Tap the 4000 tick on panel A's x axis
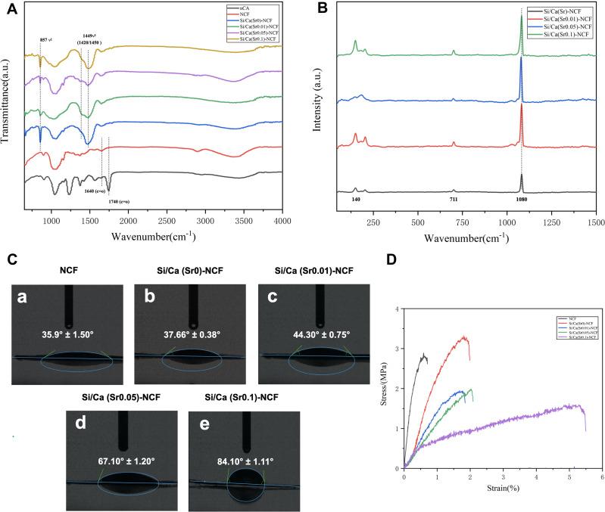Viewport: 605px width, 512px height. pyautogui.click(x=282, y=221)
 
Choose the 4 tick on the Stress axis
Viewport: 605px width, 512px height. pyautogui.click(x=398, y=309)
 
